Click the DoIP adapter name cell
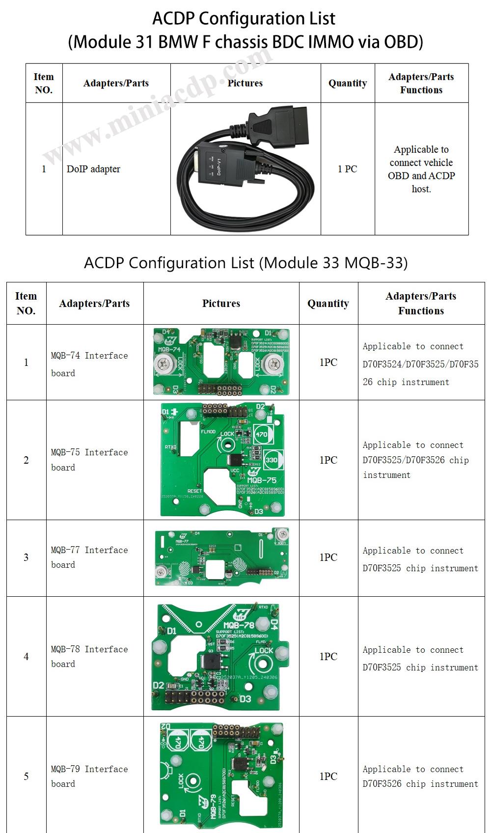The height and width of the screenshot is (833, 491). [93, 169]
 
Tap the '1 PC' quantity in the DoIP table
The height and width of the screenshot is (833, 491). [347, 169]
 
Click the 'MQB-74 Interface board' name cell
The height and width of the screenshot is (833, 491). [89, 364]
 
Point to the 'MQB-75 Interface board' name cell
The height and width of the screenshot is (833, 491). [89, 460]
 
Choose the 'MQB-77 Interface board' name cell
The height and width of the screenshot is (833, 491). [89, 557]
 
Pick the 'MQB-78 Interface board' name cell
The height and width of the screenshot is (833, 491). [89, 656]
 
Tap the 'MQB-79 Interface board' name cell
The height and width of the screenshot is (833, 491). [89, 776]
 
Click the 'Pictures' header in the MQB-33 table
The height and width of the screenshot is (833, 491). [221, 304]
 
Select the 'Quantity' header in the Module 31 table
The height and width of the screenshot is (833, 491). [347, 83]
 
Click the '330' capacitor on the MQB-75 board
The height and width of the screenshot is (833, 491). [271, 460]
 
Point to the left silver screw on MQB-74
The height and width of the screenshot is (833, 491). [163, 364]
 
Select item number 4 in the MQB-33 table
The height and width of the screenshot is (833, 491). [26, 656]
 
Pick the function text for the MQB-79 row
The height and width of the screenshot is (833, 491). [420, 776]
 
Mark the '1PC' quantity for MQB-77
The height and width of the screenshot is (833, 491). [328, 557]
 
